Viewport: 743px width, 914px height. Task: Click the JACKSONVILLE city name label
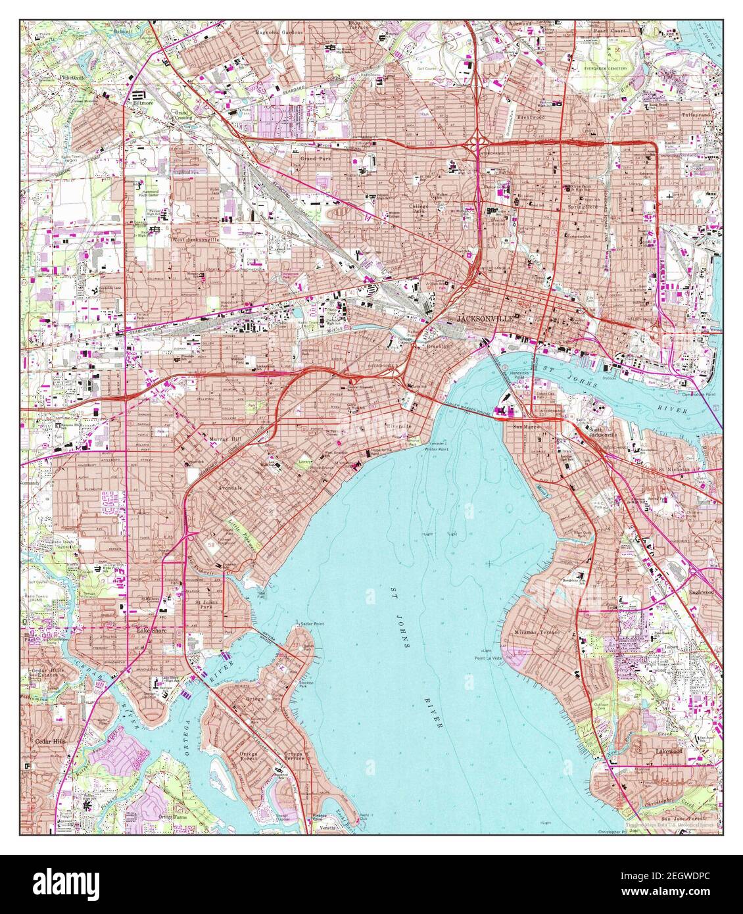[484, 318]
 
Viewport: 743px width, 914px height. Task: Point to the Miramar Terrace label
[536, 632]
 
